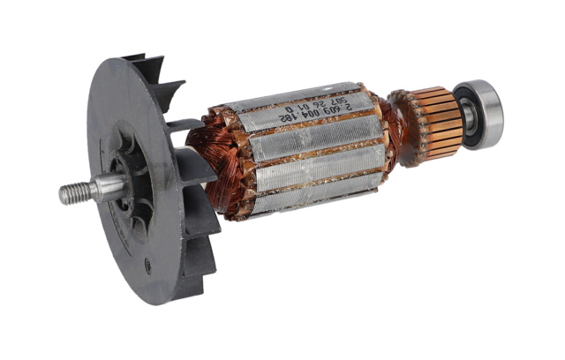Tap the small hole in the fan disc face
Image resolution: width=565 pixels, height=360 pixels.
[x=147, y=262]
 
